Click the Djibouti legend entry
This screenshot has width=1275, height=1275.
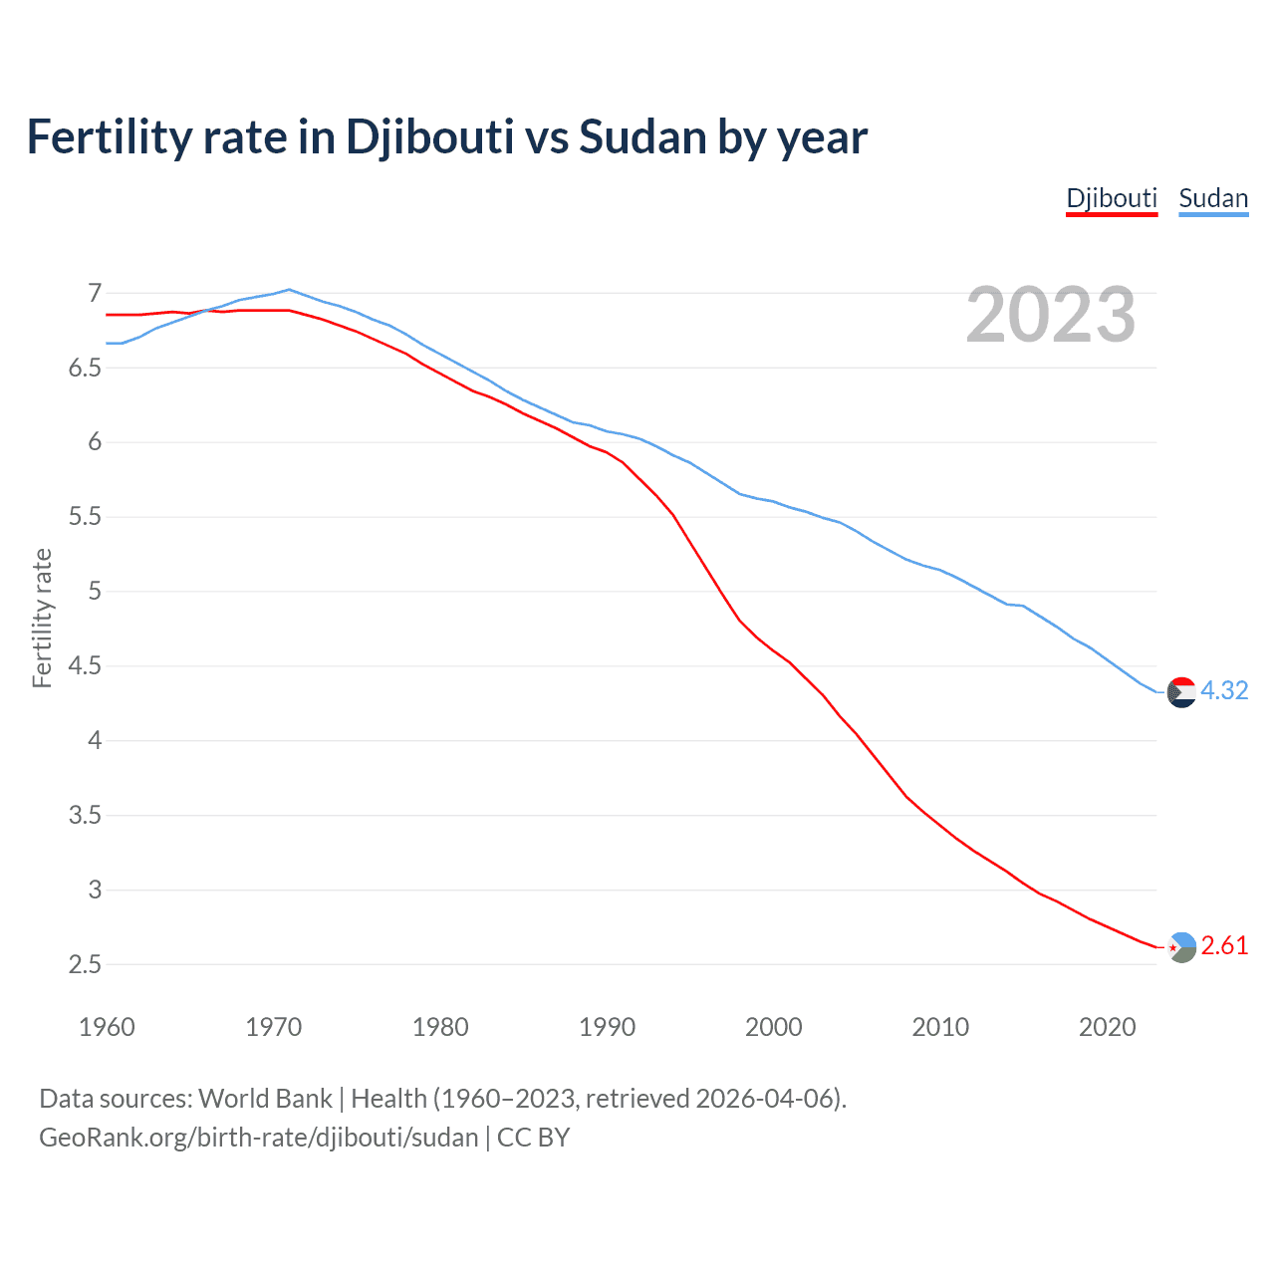click(x=1112, y=198)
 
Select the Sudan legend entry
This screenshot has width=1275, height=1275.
click(x=1213, y=198)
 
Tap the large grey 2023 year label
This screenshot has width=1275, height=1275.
click(x=1051, y=315)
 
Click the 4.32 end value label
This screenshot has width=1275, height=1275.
click(x=1224, y=690)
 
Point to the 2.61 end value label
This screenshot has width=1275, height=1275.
click(x=1224, y=945)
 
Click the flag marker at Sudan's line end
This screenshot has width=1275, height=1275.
click(x=1181, y=691)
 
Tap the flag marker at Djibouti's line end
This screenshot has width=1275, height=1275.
click(x=1181, y=946)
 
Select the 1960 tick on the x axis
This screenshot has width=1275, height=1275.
click(x=107, y=1027)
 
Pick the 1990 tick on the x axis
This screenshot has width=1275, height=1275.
click(x=607, y=1027)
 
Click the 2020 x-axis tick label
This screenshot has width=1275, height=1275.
click(x=1107, y=1027)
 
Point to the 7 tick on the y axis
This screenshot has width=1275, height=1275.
click(x=95, y=293)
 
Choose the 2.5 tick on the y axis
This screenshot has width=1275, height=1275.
click(x=86, y=964)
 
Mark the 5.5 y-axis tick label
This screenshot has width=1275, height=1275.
click(x=86, y=517)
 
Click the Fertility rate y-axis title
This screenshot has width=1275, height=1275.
click(x=42, y=618)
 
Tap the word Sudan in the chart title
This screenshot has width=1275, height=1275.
click(x=642, y=136)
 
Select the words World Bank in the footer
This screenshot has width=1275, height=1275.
click(x=265, y=1099)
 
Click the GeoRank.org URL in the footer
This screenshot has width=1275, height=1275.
click(x=259, y=1138)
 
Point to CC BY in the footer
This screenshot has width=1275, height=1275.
click(x=533, y=1138)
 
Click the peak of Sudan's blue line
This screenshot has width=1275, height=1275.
click(x=289, y=290)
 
